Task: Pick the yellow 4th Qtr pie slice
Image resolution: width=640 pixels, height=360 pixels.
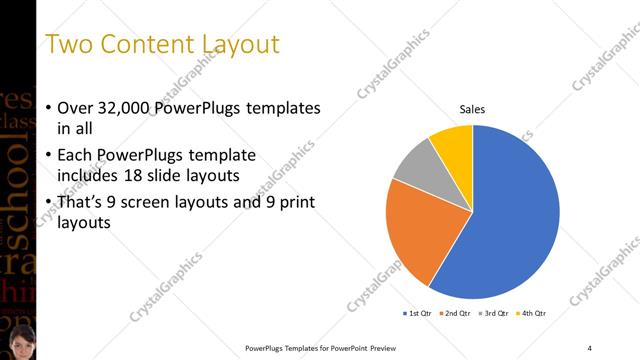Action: pos(453,146)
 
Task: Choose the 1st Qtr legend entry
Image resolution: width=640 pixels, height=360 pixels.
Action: pos(418,314)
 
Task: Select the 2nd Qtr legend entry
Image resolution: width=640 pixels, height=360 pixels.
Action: pos(457,314)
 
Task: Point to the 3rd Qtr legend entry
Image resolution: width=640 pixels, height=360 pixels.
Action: pos(495,314)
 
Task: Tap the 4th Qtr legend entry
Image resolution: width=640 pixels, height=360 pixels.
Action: pos(532,314)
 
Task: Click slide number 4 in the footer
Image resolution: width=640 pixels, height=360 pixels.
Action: pos(589,348)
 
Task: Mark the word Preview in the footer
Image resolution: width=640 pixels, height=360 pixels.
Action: pos(387,348)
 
